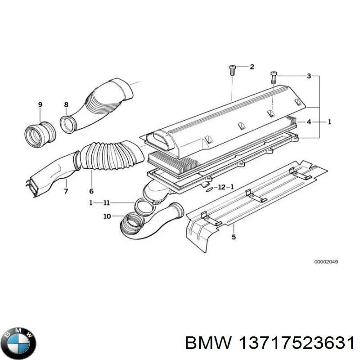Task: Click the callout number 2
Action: [x=252, y=67]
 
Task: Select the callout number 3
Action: [x=309, y=76]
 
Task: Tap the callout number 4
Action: [x=309, y=121]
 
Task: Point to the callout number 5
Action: [x=234, y=237]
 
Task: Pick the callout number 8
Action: [x=66, y=105]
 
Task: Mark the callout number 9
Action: [x=40, y=105]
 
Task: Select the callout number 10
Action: [x=107, y=216]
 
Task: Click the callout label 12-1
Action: [x=225, y=187]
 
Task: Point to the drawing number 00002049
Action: [x=326, y=262]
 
